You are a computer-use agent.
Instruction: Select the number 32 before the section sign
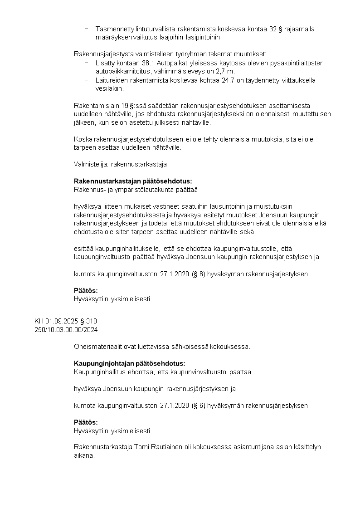click(273, 29)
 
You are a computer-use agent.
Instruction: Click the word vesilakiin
click(109, 89)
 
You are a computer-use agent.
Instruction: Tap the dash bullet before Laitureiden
click(86, 80)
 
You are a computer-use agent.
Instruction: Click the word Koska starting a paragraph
click(83, 139)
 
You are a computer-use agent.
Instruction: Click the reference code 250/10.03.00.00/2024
click(66, 329)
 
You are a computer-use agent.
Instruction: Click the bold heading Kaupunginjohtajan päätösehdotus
click(130, 364)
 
